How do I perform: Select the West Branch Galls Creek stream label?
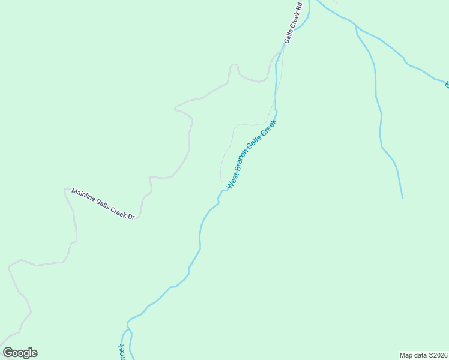[x=251, y=155]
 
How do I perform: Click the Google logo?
[x=20, y=353]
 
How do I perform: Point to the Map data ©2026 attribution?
[x=424, y=355]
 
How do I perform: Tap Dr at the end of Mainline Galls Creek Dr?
[x=130, y=215]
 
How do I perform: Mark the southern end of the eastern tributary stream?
[x=402, y=198]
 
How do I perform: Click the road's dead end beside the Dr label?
[x=137, y=218]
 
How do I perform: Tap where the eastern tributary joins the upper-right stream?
[x=356, y=27]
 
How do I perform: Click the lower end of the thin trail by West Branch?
[x=221, y=181]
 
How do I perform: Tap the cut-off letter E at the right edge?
[x=447, y=85]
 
